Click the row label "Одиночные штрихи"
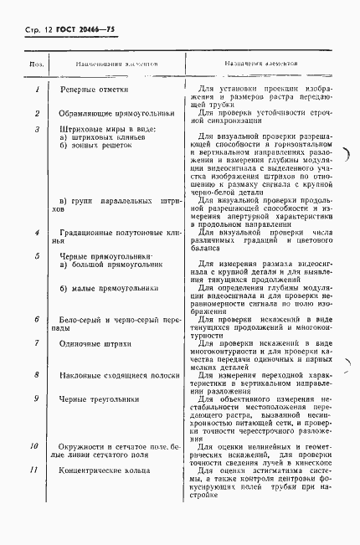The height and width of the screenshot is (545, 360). coord(99,343)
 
